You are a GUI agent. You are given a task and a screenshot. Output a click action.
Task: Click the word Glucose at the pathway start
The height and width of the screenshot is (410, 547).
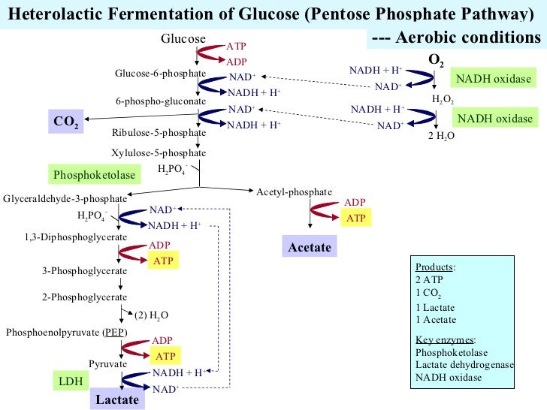tap(184, 38)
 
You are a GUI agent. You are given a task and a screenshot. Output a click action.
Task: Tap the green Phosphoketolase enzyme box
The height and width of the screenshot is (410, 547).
tap(95, 176)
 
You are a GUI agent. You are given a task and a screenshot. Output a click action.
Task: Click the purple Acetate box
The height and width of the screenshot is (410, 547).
tap(309, 246)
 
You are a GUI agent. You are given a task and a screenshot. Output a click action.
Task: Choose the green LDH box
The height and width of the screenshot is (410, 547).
tap(70, 381)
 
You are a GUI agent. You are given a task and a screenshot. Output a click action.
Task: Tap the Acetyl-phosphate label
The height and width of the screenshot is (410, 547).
tap(294, 192)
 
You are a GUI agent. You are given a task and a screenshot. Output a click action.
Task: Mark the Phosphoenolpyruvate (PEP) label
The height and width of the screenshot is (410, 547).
tap(66, 333)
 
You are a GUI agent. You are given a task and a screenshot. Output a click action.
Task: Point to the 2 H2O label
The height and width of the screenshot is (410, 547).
tap(441, 136)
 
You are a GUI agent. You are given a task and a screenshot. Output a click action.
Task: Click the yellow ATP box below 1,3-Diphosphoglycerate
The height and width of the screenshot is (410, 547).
tap(164, 261)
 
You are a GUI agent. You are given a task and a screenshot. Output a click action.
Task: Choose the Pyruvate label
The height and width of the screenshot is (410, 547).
tap(105, 363)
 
